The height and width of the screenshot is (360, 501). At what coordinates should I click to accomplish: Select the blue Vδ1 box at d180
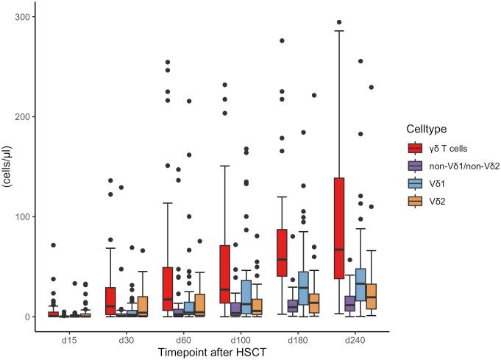(x=303, y=288)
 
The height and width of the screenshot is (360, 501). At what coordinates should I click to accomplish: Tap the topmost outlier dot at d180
(x=282, y=40)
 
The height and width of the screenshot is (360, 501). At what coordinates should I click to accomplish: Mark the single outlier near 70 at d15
(x=52, y=245)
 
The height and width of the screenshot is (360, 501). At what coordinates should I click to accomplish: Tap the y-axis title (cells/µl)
(x=7, y=167)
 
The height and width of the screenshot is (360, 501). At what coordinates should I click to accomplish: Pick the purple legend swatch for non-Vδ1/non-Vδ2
(x=416, y=166)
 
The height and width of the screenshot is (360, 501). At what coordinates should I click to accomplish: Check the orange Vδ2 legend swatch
(x=416, y=200)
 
